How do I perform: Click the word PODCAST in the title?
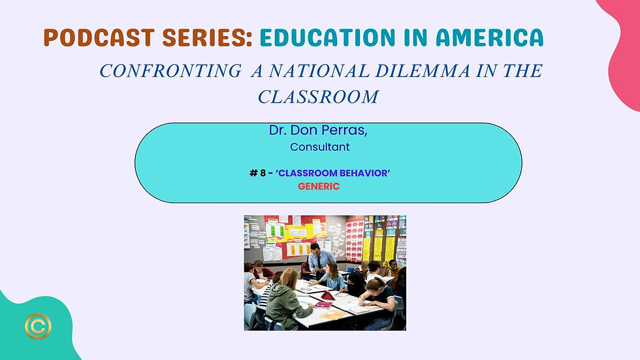coord(99,37)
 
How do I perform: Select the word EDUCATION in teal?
coord(328,37)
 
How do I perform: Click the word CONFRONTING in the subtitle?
coord(170,71)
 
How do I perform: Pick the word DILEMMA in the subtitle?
coord(423,71)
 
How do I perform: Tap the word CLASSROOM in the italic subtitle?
coord(319,97)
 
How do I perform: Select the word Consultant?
coord(320,147)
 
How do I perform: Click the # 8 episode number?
coord(257,173)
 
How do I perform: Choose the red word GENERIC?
coord(319,186)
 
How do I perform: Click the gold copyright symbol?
coord(38,326)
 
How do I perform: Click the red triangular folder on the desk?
coord(328,295)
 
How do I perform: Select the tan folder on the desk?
coord(332,314)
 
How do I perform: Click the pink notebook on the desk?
coord(323,304)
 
